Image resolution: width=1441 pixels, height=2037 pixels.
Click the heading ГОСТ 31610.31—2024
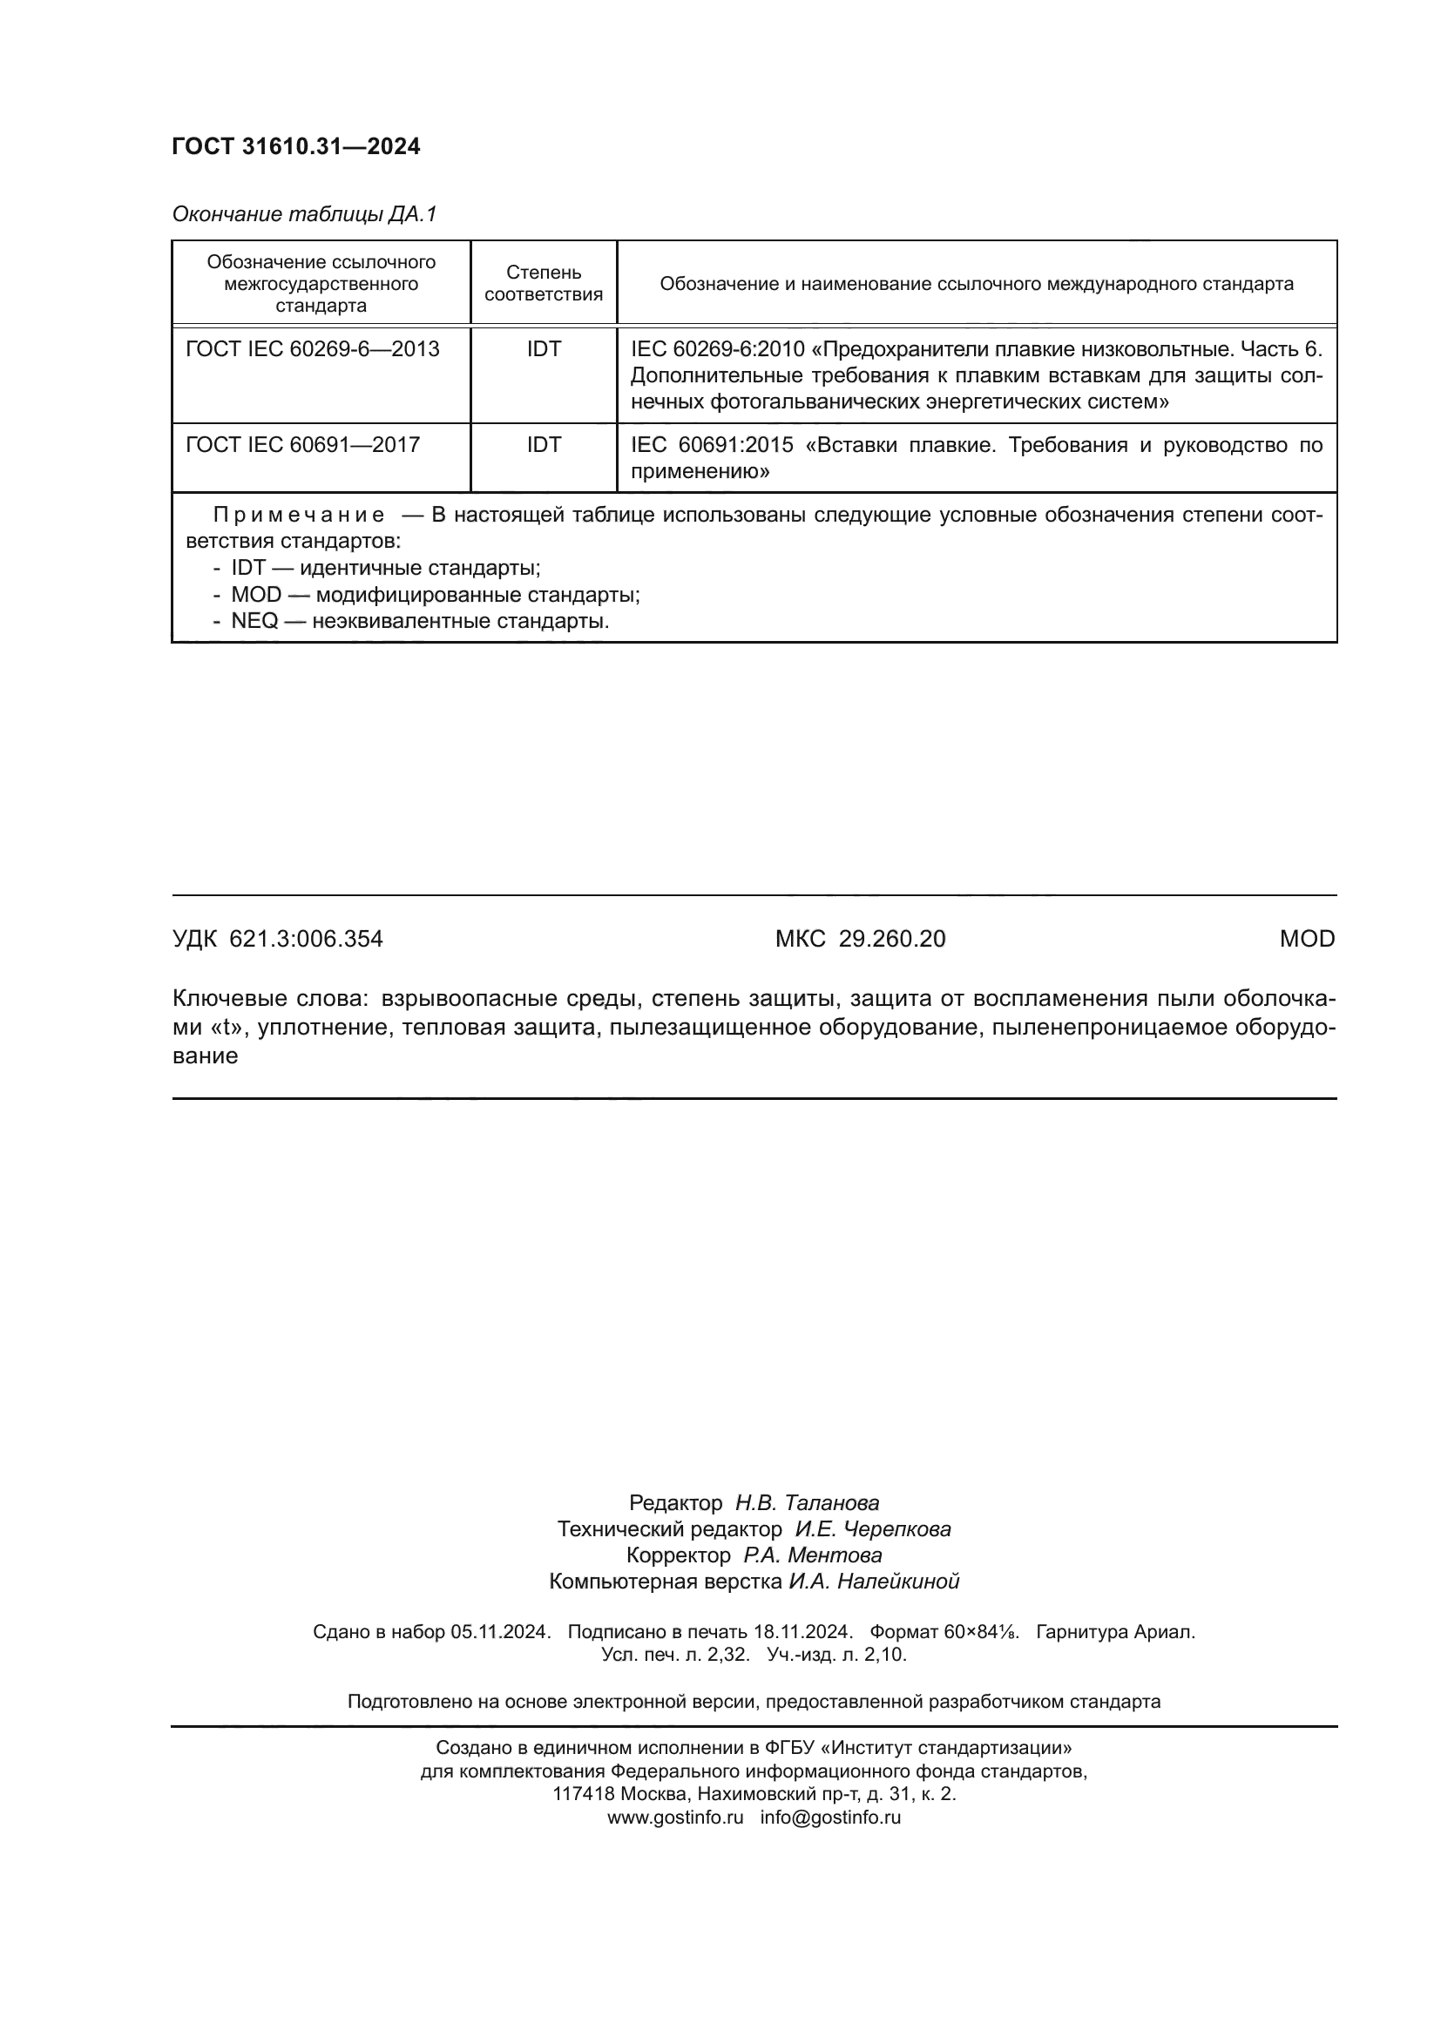(x=295, y=147)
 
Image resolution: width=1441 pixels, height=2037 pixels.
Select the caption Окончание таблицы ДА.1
(x=304, y=215)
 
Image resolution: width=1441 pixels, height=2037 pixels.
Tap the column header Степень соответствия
(x=543, y=283)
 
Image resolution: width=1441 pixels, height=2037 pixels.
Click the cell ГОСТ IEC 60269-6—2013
(x=313, y=349)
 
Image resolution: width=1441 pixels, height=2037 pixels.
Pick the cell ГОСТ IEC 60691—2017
(x=302, y=445)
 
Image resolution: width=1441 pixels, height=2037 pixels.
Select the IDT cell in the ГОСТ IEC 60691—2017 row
(x=543, y=445)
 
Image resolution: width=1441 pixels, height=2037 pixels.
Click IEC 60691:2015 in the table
(x=712, y=445)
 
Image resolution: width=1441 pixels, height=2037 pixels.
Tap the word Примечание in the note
(x=299, y=516)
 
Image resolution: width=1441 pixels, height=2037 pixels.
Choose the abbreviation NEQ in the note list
(x=254, y=621)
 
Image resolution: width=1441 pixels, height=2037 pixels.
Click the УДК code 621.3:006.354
(x=306, y=939)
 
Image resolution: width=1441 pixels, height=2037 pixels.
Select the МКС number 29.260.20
(x=892, y=939)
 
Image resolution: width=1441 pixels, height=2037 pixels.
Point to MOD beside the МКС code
(x=1306, y=939)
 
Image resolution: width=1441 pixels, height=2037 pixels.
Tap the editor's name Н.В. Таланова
(x=807, y=1503)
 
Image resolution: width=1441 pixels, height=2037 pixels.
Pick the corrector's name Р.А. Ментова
(x=812, y=1555)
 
